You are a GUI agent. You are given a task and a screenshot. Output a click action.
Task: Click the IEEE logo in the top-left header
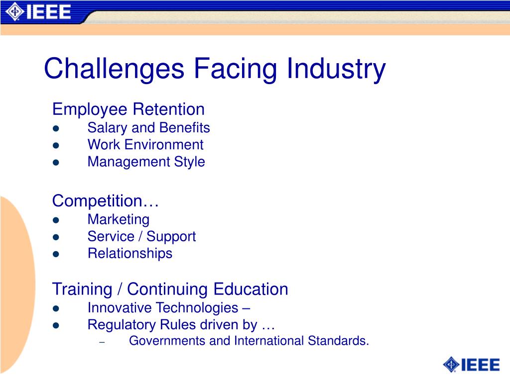click(38, 11)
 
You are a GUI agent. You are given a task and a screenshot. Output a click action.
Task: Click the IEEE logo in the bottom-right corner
click(471, 365)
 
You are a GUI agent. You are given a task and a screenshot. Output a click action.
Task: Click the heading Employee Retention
click(128, 109)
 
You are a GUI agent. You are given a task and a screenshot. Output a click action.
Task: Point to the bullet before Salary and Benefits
click(56, 128)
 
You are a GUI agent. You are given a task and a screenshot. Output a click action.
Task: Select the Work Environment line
click(145, 145)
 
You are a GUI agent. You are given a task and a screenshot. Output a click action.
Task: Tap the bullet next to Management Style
click(56, 162)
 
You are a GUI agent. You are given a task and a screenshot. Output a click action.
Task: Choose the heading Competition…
click(106, 201)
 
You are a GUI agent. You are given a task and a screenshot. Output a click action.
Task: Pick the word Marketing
click(119, 219)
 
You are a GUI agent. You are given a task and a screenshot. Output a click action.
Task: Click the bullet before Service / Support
click(56, 237)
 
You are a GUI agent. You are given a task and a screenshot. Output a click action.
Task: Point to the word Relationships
click(130, 253)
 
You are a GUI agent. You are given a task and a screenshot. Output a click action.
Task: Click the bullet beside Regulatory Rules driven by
click(56, 325)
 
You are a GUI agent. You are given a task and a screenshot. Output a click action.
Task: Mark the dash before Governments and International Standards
click(102, 342)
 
